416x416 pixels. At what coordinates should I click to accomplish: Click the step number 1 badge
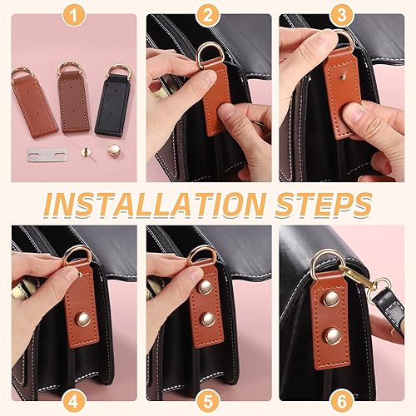(74, 16)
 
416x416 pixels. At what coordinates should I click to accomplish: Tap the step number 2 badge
(208, 16)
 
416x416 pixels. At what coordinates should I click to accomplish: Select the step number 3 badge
(342, 16)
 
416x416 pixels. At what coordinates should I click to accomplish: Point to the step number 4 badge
(73, 402)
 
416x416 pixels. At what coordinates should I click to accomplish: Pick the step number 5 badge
(208, 402)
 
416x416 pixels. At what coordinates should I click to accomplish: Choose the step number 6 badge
(342, 402)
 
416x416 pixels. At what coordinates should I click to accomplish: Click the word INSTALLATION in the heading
(154, 205)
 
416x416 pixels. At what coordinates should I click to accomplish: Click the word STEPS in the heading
(323, 205)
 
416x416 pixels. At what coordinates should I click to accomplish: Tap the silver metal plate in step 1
(47, 155)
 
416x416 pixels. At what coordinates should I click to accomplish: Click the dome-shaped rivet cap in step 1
(113, 150)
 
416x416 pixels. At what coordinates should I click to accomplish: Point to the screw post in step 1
(87, 151)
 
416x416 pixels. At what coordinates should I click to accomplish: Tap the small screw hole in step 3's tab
(344, 77)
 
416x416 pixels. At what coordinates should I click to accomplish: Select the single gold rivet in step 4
(84, 319)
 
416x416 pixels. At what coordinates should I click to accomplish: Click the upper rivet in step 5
(206, 287)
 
